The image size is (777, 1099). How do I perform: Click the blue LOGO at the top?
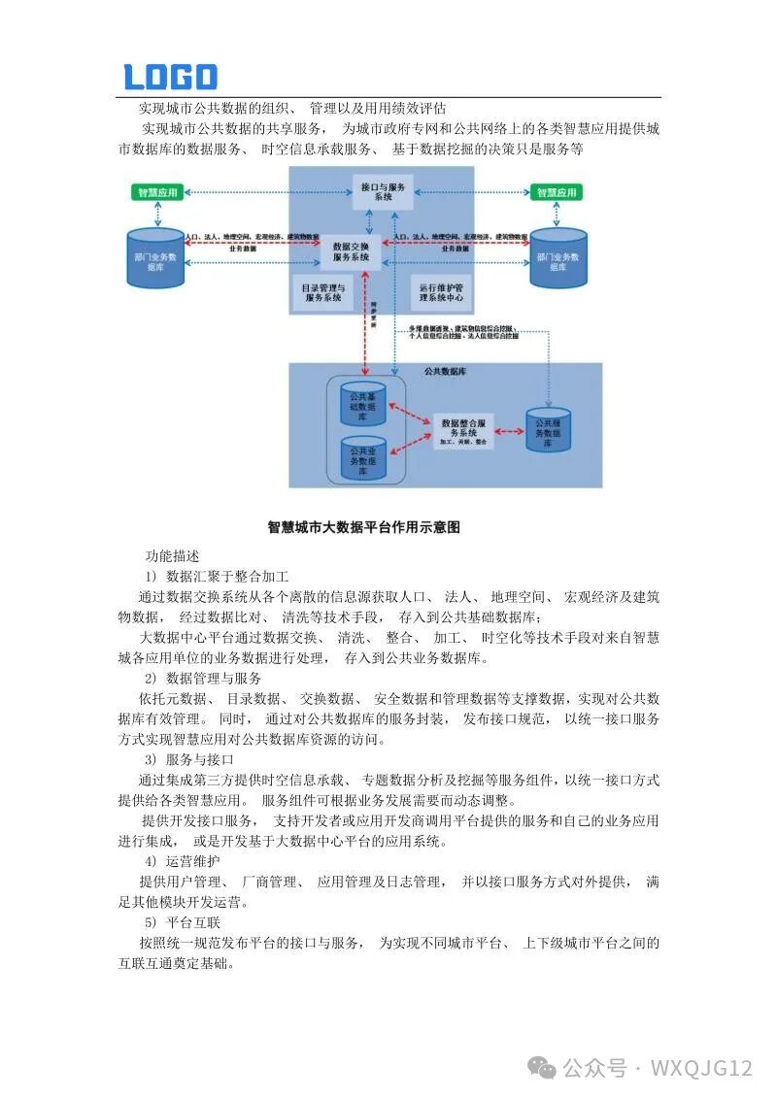[170, 77]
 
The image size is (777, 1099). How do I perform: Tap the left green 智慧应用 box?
[155, 192]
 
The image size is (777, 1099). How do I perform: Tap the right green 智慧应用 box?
[557, 192]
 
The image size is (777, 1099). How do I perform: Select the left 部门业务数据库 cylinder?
[155, 259]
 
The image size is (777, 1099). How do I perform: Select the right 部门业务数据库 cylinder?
[557, 259]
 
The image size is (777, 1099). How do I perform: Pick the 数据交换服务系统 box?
[351, 250]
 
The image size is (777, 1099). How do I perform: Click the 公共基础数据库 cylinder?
[362, 403]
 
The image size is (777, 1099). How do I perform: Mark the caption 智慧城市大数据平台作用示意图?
[363, 527]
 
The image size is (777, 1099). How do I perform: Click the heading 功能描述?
[172, 556]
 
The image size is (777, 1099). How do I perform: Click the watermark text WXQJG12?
[701, 1068]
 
